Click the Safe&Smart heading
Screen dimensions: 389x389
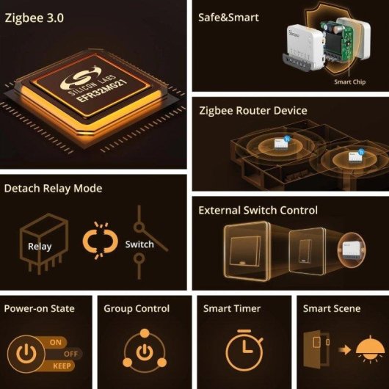(228, 17)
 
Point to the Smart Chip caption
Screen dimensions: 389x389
(350, 82)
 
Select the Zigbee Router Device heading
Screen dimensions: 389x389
(252, 111)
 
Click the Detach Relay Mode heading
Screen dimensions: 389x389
(53, 189)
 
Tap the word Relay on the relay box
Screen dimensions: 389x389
(40, 247)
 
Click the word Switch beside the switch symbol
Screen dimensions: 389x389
(139, 244)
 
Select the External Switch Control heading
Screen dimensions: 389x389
(258, 211)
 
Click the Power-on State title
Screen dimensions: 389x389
(39, 309)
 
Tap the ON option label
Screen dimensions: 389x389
(56, 343)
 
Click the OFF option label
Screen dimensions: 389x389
(73, 354)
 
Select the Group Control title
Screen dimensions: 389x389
(137, 309)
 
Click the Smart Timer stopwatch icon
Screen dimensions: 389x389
(243, 351)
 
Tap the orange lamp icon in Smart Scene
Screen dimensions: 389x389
(360, 351)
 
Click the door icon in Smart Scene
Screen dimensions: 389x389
(312, 352)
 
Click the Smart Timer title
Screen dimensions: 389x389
(232, 309)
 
